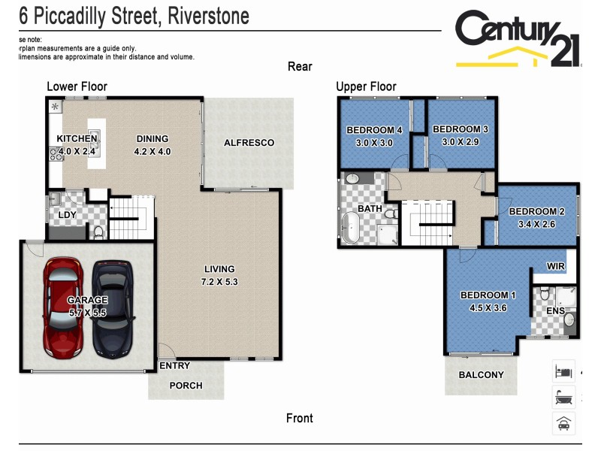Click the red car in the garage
click(63, 307)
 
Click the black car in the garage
click(112, 309)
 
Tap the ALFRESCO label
click(249, 143)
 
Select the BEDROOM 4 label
click(374, 130)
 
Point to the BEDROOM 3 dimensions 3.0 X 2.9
click(460, 142)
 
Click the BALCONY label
click(481, 374)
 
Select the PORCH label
click(186, 386)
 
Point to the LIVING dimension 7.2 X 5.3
click(219, 282)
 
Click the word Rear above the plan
click(300, 67)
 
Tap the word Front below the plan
click(299, 418)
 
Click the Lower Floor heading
click(77, 86)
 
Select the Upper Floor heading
click(366, 86)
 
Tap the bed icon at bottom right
click(563, 371)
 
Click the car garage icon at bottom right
click(563, 422)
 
